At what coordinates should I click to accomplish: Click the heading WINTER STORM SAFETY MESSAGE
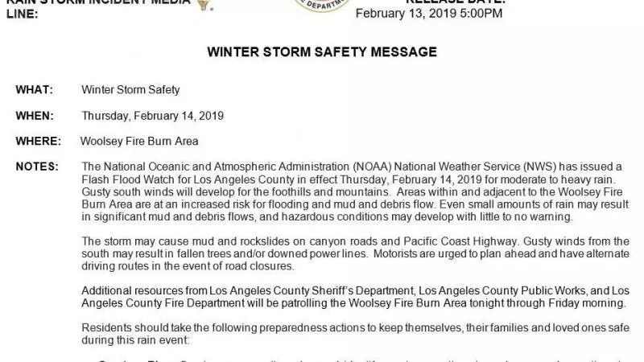[322, 52]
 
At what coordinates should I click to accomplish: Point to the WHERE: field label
[37, 141]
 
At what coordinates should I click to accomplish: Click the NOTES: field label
[36, 166]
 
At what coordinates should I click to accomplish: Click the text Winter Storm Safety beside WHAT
[130, 89]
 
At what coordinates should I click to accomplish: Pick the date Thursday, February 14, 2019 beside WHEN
[152, 115]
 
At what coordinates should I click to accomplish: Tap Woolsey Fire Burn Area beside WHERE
[139, 141]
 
